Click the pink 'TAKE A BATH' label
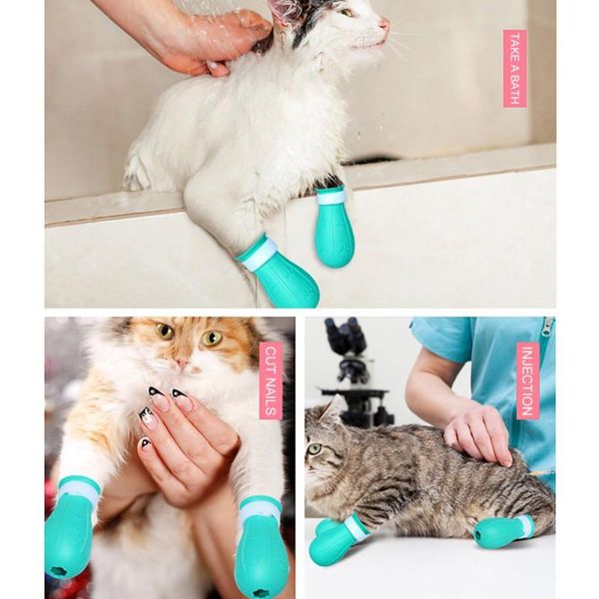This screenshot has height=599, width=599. tap(514, 68)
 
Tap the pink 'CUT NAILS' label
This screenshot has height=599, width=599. tap(272, 380)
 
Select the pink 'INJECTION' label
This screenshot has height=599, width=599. tap(528, 380)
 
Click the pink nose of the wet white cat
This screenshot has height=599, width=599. tap(384, 24)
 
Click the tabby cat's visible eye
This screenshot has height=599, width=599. tap(314, 448)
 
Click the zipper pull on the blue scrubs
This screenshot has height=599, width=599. tap(547, 327)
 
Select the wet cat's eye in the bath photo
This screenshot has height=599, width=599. tap(347, 12)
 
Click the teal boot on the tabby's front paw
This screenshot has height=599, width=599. tap(336, 540)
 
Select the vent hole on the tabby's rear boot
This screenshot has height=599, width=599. tap(478, 533)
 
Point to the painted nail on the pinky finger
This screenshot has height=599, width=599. tap(146, 444)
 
